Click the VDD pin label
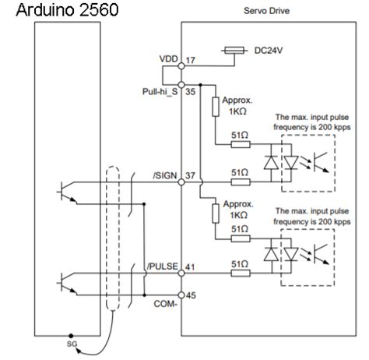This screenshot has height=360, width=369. point(168,59)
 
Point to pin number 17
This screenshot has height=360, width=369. point(190,59)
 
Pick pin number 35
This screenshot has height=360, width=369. point(192,90)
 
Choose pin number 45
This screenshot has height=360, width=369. point(191,295)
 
